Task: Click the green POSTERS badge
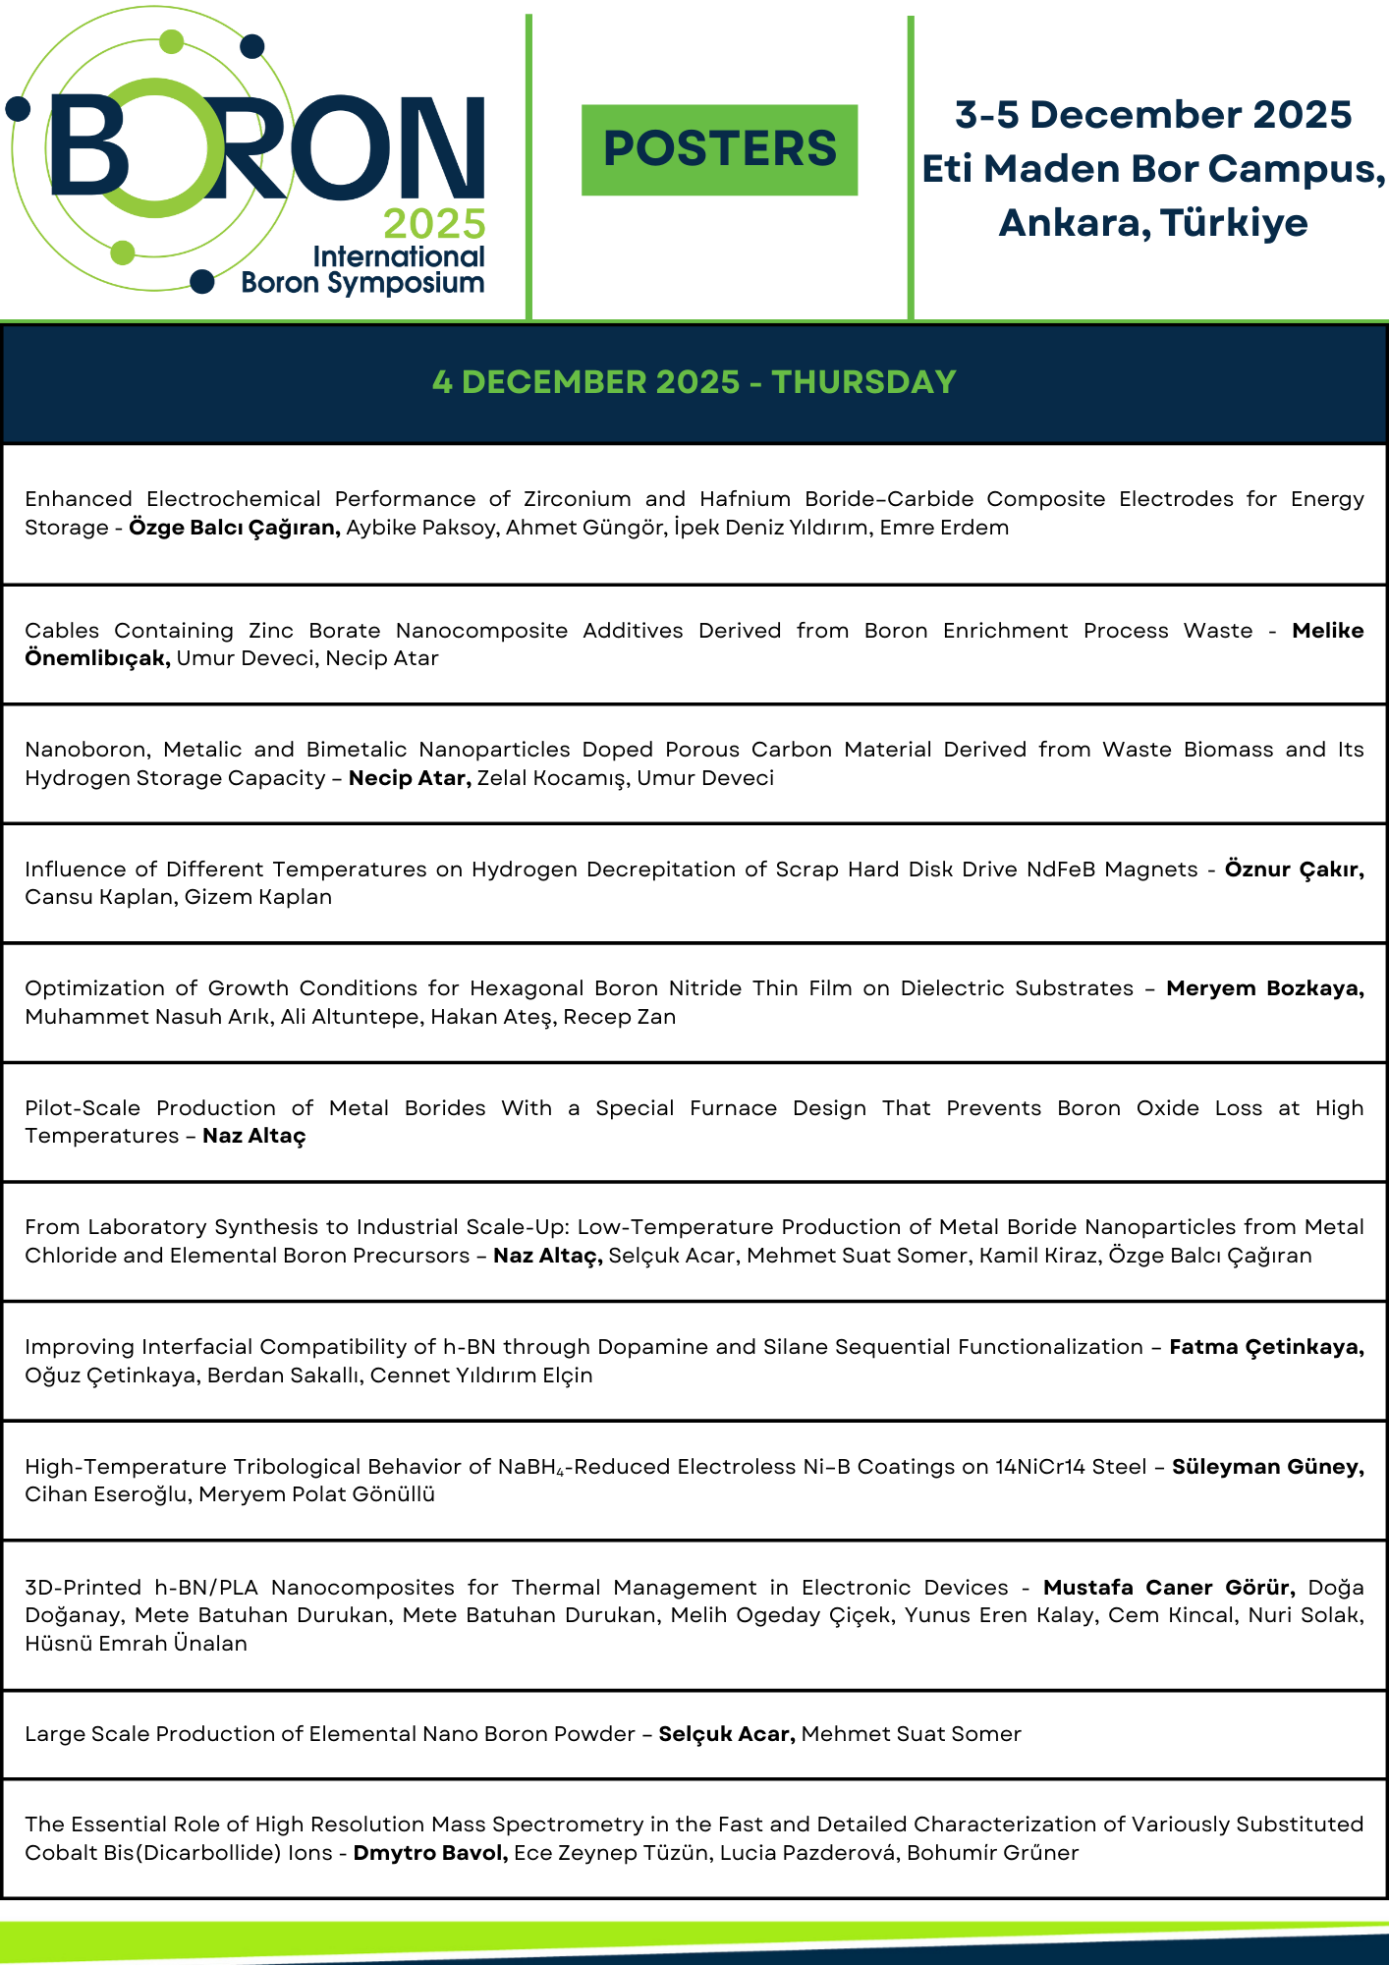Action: coord(719,149)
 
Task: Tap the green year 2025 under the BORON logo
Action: coord(434,224)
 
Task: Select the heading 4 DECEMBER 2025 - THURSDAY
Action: coord(694,382)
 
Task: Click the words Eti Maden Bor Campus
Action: coord(1153,169)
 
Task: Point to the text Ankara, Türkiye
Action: coord(1153,223)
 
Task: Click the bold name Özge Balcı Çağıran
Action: coord(235,528)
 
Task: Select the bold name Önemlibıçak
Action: coord(97,658)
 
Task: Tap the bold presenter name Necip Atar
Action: coord(411,778)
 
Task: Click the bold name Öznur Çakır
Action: coord(1294,870)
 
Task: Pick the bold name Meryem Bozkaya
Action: coord(1264,988)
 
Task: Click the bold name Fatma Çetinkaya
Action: coord(1266,1347)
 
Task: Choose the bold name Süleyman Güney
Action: coord(1267,1467)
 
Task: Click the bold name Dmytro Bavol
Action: coord(430,1853)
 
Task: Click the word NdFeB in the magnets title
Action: coord(1061,870)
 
